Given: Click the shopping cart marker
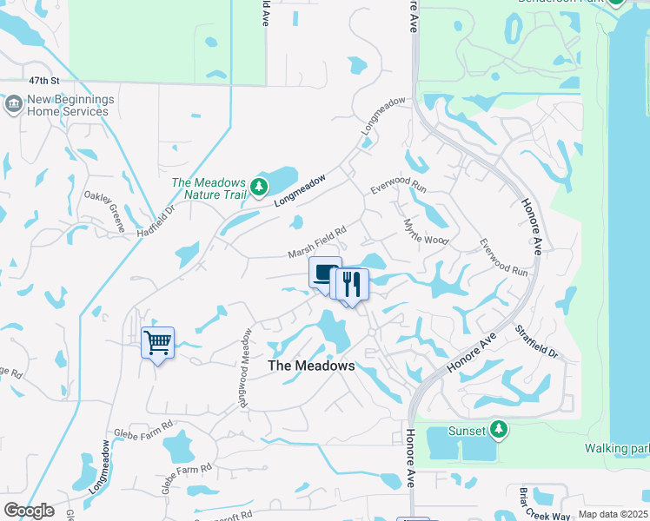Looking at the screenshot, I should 157,342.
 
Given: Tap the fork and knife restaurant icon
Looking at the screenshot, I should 353,284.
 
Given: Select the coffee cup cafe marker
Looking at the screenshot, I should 325,273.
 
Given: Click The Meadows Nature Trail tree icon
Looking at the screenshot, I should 258,187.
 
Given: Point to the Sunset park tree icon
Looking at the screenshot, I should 498,428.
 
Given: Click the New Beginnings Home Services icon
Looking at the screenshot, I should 13,105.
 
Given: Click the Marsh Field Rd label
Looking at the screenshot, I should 318,243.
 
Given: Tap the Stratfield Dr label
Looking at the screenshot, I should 535,344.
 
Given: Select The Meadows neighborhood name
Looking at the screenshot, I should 311,366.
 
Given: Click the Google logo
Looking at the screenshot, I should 29,511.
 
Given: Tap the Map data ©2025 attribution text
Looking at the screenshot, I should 612,514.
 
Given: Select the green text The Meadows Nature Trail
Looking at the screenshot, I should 209,188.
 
